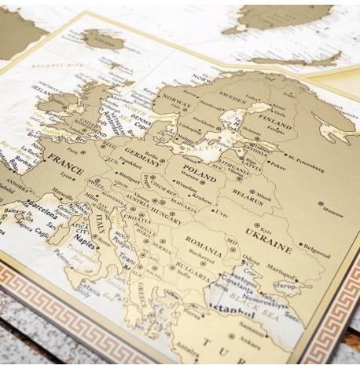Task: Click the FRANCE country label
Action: (x=64, y=159)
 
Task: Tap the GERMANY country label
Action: (x=141, y=152)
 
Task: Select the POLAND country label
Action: (x=199, y=168)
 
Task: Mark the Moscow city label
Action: (x=332, y=211)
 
